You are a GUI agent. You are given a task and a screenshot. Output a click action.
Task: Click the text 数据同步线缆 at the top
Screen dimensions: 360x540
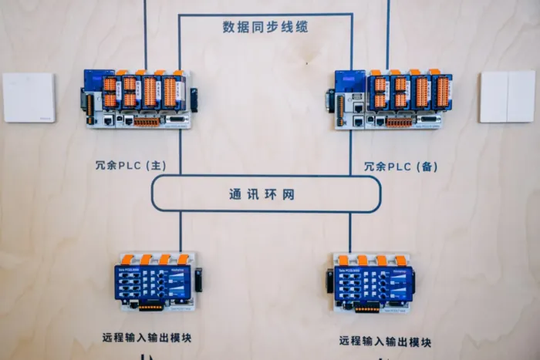click(265, 27)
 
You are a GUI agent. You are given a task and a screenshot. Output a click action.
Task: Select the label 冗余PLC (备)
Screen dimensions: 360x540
click(400, 166)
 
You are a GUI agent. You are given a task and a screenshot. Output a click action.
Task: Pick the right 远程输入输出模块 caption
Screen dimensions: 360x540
click(385, 340)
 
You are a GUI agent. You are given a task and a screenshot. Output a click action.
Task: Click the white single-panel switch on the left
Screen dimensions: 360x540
click(29, 98)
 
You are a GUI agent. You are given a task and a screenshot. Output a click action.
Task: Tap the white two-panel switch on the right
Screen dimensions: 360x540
click(507, 96)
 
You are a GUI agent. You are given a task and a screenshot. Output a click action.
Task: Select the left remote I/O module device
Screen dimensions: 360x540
click(155, 281)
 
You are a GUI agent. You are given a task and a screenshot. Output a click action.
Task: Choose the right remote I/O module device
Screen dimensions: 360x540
click(373, 284)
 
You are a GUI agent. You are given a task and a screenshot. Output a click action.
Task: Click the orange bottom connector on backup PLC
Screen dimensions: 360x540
click(399, 122)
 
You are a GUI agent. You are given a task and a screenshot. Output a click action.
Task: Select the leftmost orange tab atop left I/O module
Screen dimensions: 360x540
click(127, 259)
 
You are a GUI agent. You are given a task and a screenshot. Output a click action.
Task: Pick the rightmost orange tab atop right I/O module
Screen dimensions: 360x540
click(400, 261)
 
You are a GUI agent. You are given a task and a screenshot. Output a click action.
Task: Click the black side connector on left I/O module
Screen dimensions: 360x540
click(198, 279)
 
